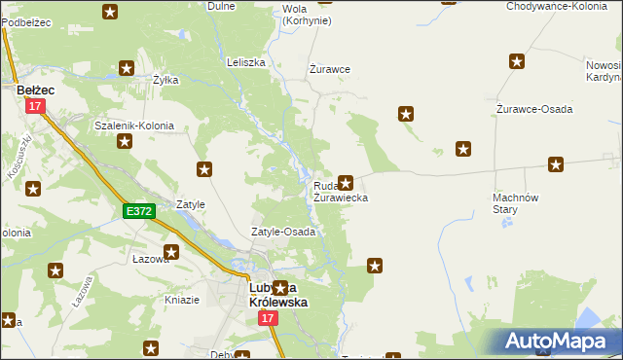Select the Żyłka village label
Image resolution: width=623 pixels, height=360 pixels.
tap(165, 80)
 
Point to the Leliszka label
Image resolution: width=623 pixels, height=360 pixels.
tap(246, 62)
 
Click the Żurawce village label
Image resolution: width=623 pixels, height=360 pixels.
tap(329, 69)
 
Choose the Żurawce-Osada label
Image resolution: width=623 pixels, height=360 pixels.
tap(534, 108)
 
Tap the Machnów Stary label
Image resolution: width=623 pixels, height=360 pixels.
tap(510, 202)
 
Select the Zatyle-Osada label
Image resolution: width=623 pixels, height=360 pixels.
tap(283, 233)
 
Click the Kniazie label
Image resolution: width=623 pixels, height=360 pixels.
tap(182, 300)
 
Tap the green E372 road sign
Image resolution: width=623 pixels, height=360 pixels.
tap(137, 210)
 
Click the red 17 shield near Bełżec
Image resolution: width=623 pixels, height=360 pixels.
tap(36, 106)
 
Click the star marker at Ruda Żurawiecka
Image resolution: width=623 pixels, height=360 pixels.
tap(345, 182)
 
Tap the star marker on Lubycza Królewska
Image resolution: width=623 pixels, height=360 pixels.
tap(281, 288)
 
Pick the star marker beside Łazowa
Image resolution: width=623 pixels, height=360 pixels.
tap(172, 253)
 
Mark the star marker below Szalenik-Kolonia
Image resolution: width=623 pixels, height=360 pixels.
tap(125, 142)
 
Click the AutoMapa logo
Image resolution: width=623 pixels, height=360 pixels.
tap(560, 342)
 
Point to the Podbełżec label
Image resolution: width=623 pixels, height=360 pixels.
tap(24, 21)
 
